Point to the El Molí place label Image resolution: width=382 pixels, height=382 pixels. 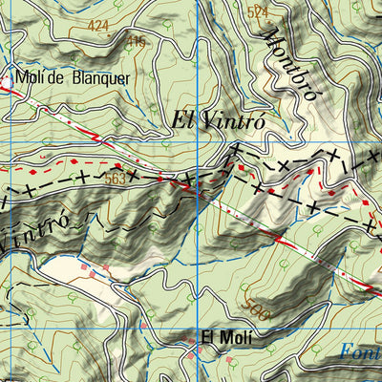tap(221, 337)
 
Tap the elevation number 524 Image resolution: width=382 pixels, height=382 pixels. tap(258, 12)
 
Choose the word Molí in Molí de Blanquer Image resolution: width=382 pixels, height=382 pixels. tap(29, 78)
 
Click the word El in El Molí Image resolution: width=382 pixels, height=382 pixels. tap(206, 337)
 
